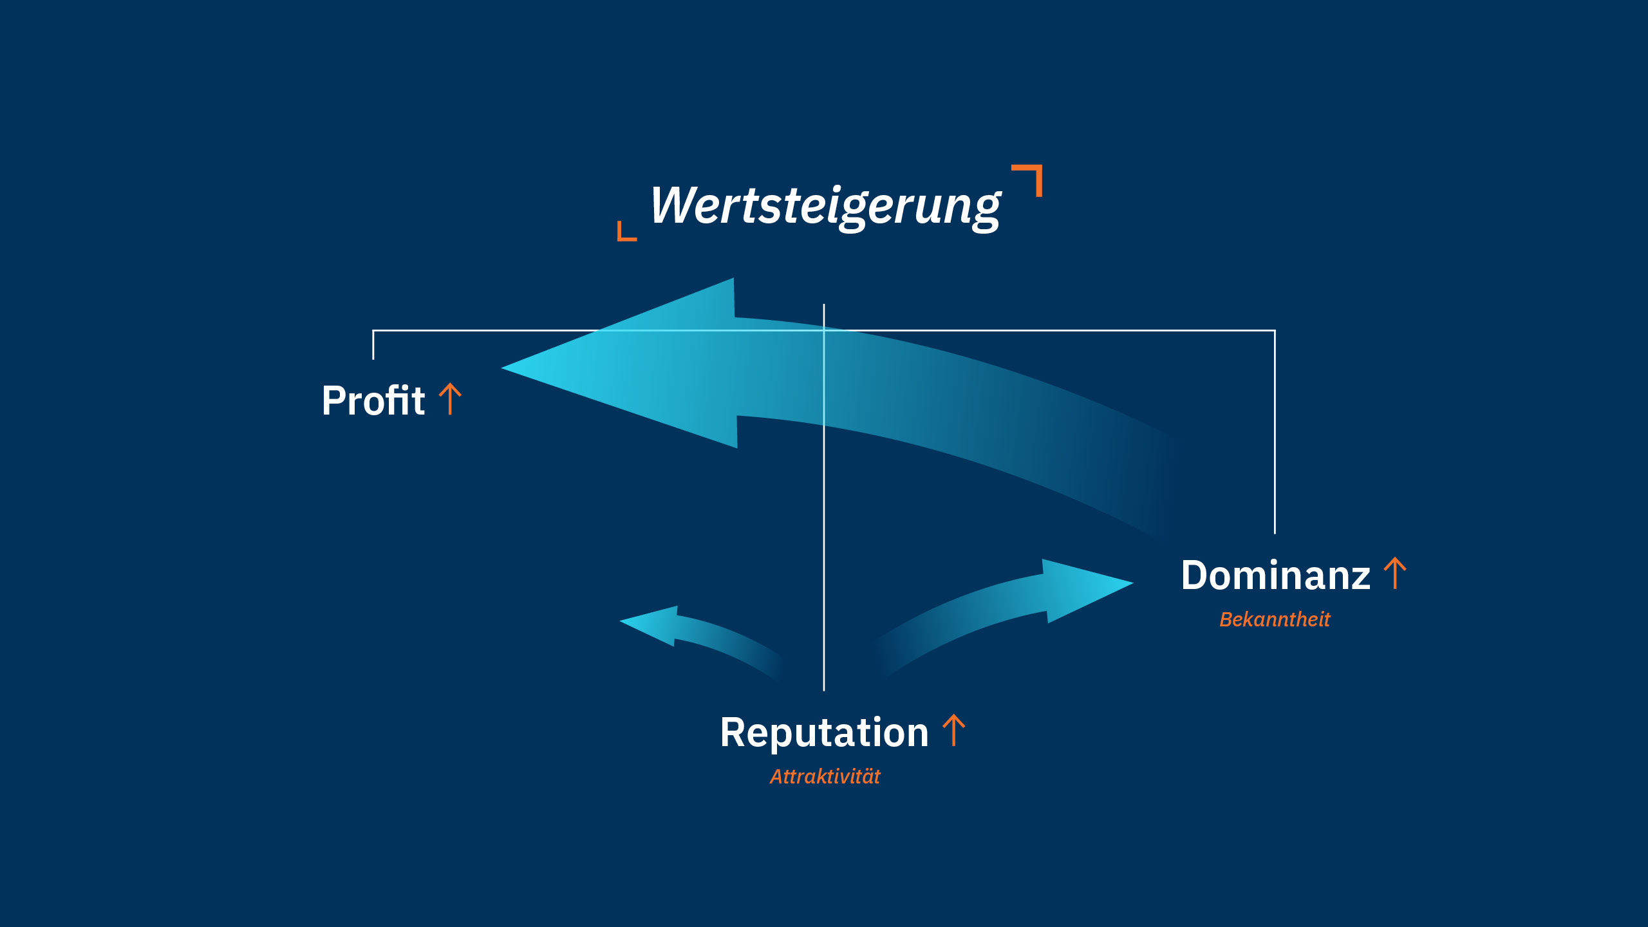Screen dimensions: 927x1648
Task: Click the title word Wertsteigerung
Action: pos(825,206)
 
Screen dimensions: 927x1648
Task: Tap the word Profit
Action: pos(373,400)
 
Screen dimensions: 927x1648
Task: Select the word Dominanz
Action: pos(1275,575)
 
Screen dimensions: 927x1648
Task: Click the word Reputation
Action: pos(824,733)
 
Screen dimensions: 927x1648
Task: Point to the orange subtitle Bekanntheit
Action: pos(1275,619)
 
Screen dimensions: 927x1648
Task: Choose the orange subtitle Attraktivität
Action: pos(825,776)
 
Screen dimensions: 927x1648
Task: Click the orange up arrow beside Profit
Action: pos(450,399)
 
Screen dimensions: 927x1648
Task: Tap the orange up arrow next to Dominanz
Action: pos(1395,573)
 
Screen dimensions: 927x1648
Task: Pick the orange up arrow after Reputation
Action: pos(953,731)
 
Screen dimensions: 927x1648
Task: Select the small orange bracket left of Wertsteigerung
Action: pos(626,232)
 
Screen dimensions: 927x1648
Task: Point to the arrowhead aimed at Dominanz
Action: pos(1130,583)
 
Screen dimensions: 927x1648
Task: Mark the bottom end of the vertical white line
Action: pos(824,689)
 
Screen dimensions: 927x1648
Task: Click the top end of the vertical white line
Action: pos(824,306)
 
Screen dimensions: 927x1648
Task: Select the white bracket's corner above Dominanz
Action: pos(1275,331)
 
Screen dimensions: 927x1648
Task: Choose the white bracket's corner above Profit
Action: pos(373,331)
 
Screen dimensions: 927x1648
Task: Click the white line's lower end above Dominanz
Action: pos(1275,532)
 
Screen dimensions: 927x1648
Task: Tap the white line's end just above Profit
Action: pos(373,358)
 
